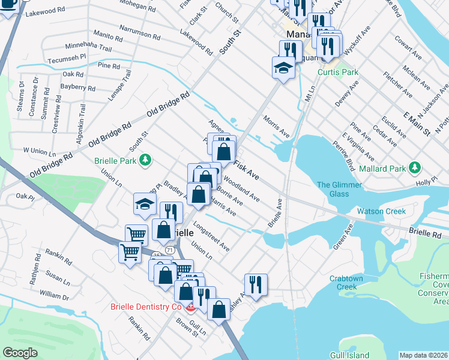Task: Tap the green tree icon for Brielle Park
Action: pos(145,160)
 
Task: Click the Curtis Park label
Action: pos(338,72)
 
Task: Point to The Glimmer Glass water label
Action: pos(340,189)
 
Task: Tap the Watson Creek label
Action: pos(382,211)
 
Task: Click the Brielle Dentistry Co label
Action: pos(145,307)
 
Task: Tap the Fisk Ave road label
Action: pos(246,171)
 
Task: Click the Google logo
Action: pos(20,353)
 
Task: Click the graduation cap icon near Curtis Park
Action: pos(283,68)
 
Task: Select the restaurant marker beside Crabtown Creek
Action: pos(256,285)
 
